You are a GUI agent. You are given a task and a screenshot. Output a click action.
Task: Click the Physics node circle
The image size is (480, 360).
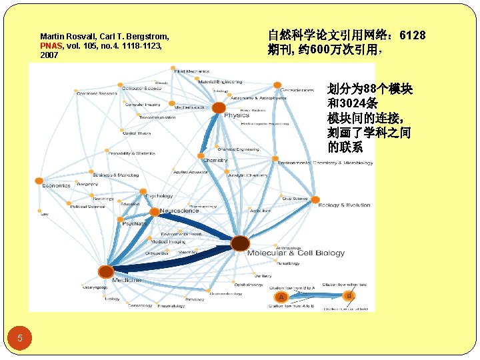tap(219, 108)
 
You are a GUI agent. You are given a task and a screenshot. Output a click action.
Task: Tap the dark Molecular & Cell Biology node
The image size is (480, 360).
tap(240, 243)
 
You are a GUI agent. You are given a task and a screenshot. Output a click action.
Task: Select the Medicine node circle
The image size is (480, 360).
tap(106, 271)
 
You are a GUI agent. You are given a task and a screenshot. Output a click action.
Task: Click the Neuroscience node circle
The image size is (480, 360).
tap(154, 211)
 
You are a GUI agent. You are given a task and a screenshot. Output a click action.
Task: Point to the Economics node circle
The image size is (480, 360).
tap(39, 181)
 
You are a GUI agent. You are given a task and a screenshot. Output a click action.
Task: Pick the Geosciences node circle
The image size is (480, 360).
tap(277, 85)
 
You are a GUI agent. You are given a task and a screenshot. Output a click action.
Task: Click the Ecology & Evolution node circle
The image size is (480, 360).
tap(314, 199)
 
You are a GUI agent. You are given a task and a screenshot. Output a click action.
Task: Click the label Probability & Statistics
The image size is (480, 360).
tap(131, 153)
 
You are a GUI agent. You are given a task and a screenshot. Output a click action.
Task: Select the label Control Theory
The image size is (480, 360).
tap(137, 133)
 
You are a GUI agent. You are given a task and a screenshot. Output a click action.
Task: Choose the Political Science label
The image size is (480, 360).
tap(88, 207)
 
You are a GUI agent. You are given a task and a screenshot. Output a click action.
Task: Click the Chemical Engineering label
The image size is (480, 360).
tap(238, 149)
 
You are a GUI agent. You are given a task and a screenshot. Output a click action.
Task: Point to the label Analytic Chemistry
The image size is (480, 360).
tap(248, 175)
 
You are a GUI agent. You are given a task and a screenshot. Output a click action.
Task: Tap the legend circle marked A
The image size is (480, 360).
tap(281, 297)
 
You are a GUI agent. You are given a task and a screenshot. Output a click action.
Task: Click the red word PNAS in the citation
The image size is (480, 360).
tap(51, 46)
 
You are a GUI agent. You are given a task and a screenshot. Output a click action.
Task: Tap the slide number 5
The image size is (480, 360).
tap(20, 338)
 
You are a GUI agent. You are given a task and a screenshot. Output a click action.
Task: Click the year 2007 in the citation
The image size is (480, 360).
tap(49, 55)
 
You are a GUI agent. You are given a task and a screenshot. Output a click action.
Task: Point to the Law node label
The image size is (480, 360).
tap(44, 214)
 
